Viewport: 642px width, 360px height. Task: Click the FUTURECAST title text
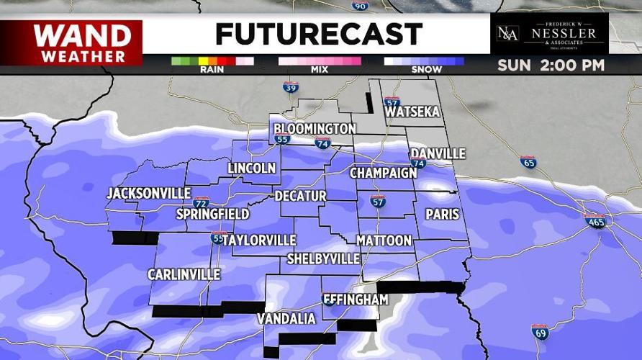coord(318,34)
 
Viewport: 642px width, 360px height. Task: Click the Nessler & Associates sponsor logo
coord(549,34)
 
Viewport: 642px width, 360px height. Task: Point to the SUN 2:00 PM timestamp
coord(551,66)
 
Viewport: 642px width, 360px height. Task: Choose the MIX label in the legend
coord(319,70)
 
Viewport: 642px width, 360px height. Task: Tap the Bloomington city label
coord(315,129)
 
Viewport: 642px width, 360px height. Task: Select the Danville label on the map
coord(438,154)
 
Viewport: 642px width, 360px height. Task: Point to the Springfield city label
coord(213,214)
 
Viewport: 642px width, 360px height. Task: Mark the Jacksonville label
coord(148,194)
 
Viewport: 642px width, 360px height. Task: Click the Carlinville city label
coord(184,274)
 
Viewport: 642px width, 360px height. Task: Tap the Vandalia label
coord(286,318)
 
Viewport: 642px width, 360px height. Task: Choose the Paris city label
coord(442,214)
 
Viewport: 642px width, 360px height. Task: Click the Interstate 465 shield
coord(594,221)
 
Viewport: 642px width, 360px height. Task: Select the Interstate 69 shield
coord(540,332)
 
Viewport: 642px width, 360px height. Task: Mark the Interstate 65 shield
coord(528,162)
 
